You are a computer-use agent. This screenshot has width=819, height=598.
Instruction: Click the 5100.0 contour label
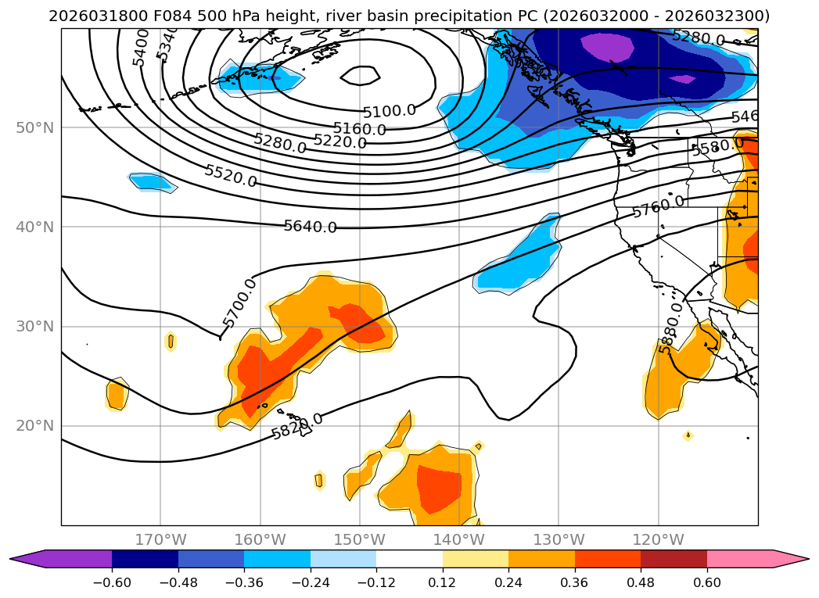(389, 111)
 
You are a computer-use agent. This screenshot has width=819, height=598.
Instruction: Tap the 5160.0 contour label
(359, 129)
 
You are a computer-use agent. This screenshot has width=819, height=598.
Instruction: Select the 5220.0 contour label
(339, 141)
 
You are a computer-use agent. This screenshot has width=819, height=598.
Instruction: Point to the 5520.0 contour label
(230, 176)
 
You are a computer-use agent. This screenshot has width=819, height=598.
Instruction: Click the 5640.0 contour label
(310, 227)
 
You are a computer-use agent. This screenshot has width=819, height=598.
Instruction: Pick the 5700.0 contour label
(239, 303)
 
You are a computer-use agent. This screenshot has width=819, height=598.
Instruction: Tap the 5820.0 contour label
(297, 426)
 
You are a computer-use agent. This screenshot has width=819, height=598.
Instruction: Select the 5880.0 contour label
(671, 328)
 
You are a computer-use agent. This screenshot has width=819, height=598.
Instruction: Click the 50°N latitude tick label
(34, 127)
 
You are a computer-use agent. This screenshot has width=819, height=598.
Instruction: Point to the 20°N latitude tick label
(34, 426)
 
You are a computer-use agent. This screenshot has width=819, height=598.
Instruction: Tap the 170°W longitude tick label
(160, 539)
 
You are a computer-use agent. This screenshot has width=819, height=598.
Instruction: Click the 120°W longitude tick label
(658, 539)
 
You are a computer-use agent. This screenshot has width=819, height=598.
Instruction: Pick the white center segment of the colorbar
(409, 559)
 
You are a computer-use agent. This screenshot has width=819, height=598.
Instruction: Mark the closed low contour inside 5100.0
(361, 75)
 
